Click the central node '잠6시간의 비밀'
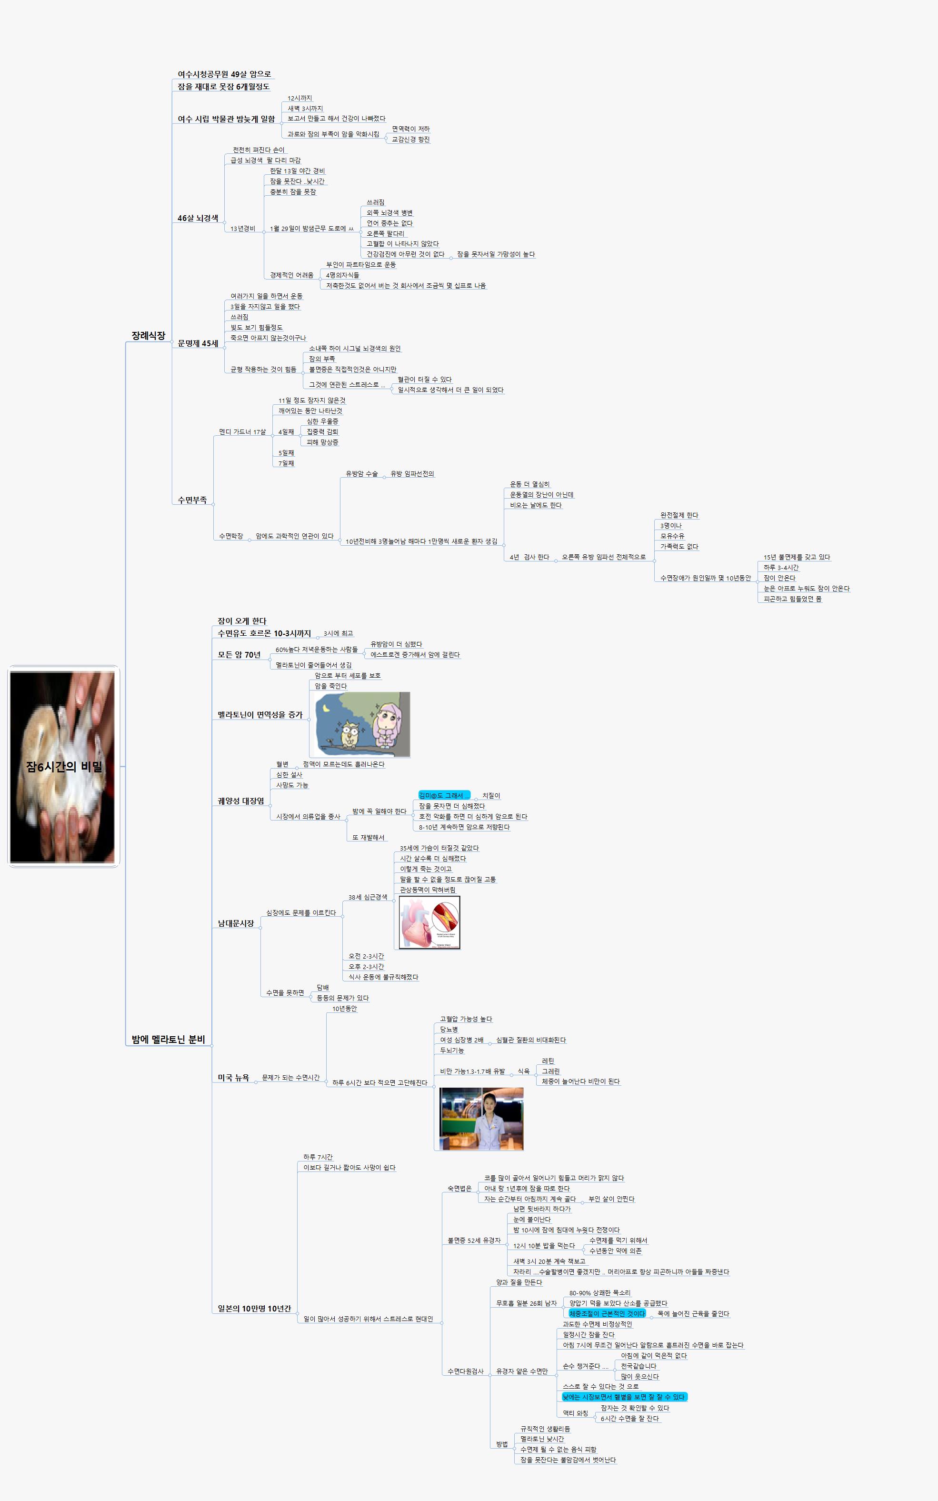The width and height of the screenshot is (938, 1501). [x=64, y=767]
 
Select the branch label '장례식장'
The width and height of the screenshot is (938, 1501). [x=148, y=336]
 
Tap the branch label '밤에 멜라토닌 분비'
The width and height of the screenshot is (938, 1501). [x=168, y=1040]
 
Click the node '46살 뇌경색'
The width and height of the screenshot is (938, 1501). [x=198, y=218]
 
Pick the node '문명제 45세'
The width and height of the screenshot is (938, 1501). [x=198, y=344]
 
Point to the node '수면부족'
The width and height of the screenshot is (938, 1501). [x=192, y=500]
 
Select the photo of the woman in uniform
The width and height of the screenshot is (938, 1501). [x=481, y=1119]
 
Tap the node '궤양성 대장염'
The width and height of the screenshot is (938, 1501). [x=241, y=801]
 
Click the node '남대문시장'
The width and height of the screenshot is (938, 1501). [x=236, y=923]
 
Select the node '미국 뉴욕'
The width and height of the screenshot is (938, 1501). [x=233, y=1078]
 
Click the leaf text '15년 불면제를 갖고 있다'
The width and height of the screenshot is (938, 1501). [x=797, y=557]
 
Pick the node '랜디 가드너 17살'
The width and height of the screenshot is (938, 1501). [x=242, y=432]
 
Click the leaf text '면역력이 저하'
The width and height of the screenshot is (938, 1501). [x=411, y=129]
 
